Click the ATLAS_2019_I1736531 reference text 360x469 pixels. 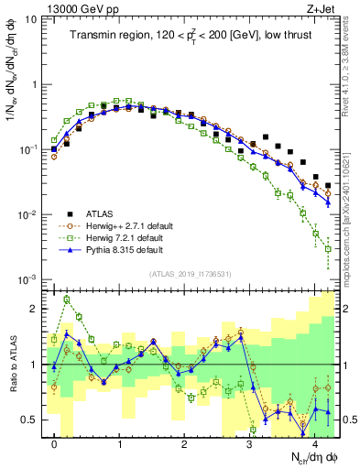[x=191, y=272]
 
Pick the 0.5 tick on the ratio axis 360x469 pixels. [x=31, y=420]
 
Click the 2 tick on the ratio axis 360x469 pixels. [x=36, y=309]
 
